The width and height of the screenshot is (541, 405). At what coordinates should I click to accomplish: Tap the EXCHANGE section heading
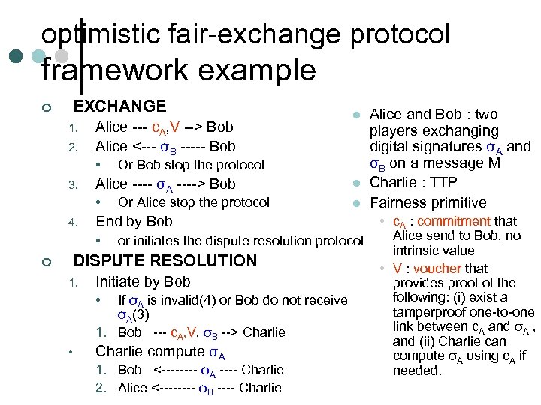[x=119, y=106]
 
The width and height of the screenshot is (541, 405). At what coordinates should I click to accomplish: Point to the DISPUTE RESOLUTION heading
[x=165, y=261]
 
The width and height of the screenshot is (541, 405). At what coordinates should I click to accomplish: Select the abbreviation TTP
[x=440, y=183]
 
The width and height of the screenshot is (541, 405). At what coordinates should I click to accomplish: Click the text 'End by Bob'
[x=134, y=221]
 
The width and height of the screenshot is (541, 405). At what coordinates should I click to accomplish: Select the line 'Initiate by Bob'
[x=143, y=282]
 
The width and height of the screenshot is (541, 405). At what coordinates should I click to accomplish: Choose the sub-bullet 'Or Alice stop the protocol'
[x=194, y=202]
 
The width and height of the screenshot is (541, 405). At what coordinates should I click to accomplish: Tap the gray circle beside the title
[x=63, y=56]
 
